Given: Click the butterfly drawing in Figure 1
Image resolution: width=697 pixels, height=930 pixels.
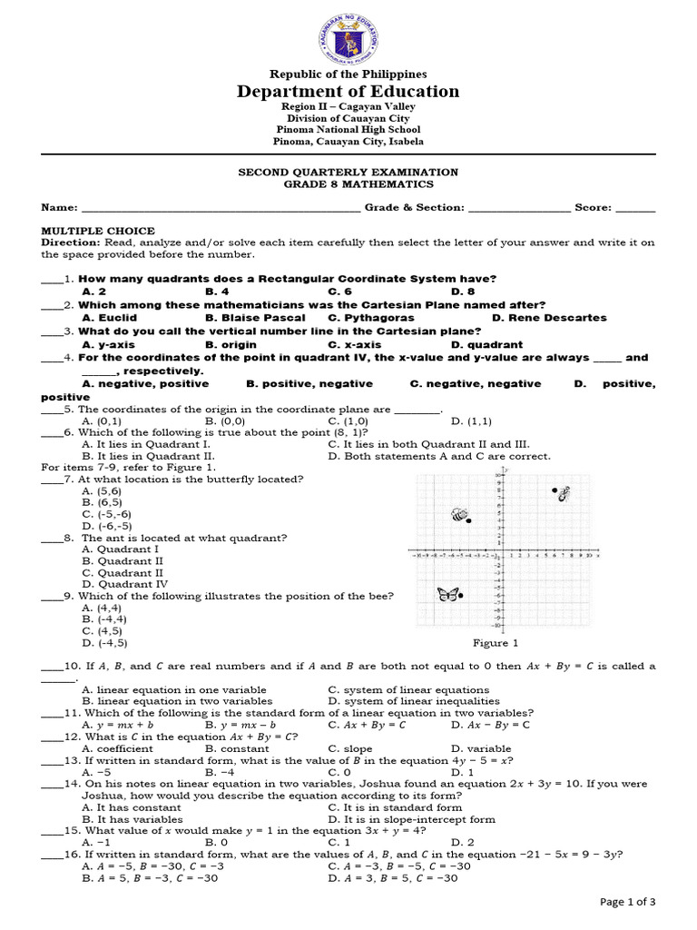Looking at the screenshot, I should (447, 595).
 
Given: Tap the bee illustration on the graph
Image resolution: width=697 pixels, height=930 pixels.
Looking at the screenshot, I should (459, 515).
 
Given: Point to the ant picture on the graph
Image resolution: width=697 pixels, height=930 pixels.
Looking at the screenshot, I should (564, 493).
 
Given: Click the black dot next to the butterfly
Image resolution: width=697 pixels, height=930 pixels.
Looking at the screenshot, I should (461, 596).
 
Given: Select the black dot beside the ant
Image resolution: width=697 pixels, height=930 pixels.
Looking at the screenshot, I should (555, 490).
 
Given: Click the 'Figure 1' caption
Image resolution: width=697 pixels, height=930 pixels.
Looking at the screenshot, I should (496, 643).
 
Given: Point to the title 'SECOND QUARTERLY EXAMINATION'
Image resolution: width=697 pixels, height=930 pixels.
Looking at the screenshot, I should (348, 172).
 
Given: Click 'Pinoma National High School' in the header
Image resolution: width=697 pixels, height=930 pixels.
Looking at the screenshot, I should (348, 130).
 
